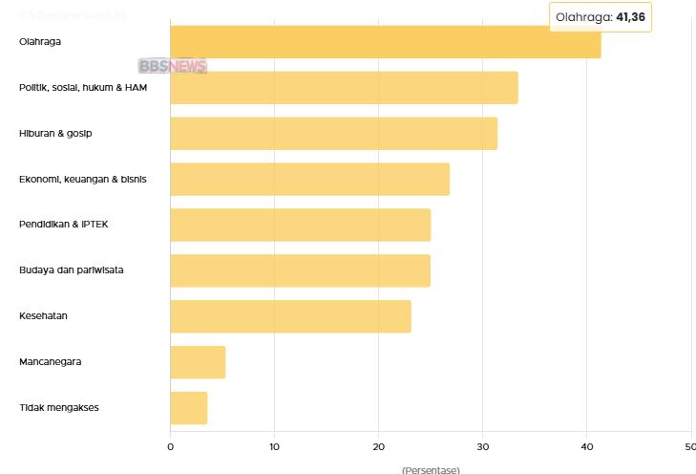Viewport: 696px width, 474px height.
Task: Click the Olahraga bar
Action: point(385,42)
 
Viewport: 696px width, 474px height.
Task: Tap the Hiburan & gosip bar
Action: point(333,133)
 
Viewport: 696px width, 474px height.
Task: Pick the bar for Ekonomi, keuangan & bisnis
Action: point(309,179)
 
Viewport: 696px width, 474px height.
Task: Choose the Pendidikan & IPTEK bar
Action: point(300,225)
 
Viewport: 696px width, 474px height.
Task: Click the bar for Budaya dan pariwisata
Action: point(300,270)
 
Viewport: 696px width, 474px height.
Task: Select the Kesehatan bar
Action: point(290,316)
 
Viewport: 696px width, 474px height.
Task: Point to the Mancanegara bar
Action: point(198,362)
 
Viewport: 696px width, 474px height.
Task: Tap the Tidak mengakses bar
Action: point(188,408)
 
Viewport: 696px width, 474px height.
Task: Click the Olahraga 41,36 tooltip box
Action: point(601,16)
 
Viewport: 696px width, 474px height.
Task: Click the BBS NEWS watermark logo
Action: point(172,66)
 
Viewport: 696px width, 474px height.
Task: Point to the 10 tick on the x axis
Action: point(274,446)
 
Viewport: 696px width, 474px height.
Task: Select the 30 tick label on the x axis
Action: point(482,446)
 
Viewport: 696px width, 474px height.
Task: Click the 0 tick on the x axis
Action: point(170,446)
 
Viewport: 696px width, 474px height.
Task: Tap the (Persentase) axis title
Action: point(431,469)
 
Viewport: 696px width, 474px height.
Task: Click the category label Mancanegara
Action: point(50,362)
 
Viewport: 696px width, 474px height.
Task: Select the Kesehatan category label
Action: point(43,316)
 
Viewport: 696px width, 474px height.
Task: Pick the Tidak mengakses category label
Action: point(58,408)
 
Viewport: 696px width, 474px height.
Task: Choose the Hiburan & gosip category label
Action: point(55,133)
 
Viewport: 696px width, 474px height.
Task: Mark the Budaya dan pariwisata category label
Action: point(71,270)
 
